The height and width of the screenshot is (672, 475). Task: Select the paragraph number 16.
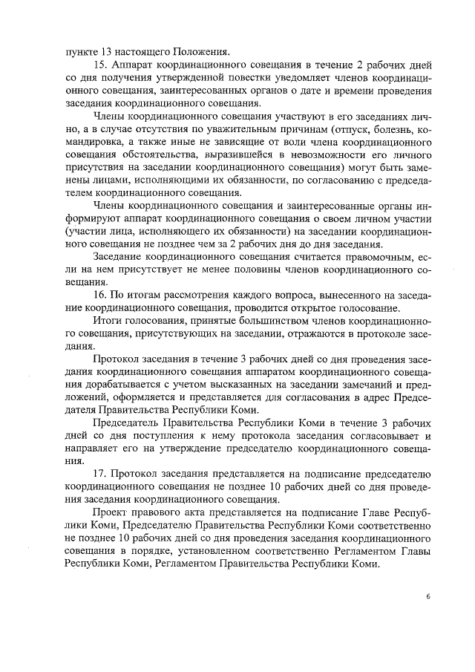[x=101, y=296]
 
